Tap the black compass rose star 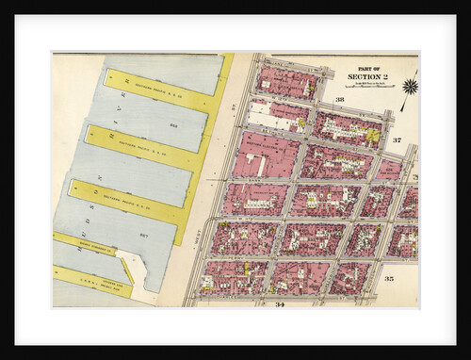410,87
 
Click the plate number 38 339,99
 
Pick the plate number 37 397,139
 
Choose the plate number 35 388,279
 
